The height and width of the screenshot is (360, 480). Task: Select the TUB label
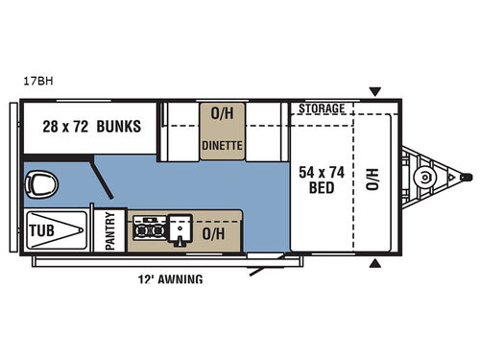[x=40, y=230]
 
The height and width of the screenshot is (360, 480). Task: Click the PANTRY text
[x=109, y=231]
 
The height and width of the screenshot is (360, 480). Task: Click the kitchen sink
[x=180, y=231]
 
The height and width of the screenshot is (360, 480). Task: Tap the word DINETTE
[x=222, y=146]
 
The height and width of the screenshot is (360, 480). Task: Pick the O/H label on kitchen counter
[x=216, y=232]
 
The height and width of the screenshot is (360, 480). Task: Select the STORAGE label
[x=321, y=108]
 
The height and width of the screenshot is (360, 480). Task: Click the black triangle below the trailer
[x=375, y=264]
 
